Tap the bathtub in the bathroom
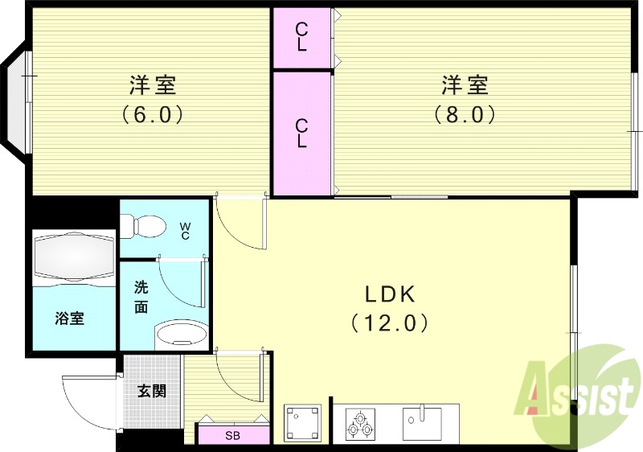(x=73, y=257)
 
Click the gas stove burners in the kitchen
(x=359, y=422)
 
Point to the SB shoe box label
(x=232, y=436)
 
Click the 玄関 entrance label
(x=151, y=392)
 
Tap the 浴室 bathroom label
(x=70, y=318)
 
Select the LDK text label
(x=390, y=293)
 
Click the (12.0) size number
(x=390, y=323)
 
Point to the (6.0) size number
(x=153, y=114)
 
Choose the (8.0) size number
(x=465, y=114)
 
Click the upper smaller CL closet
(x=301, y=38)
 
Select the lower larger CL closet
(x=301, y=133)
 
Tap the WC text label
(x=184, y=230)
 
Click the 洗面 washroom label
(x=141, y=296)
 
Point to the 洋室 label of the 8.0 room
(x=465, y=84)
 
